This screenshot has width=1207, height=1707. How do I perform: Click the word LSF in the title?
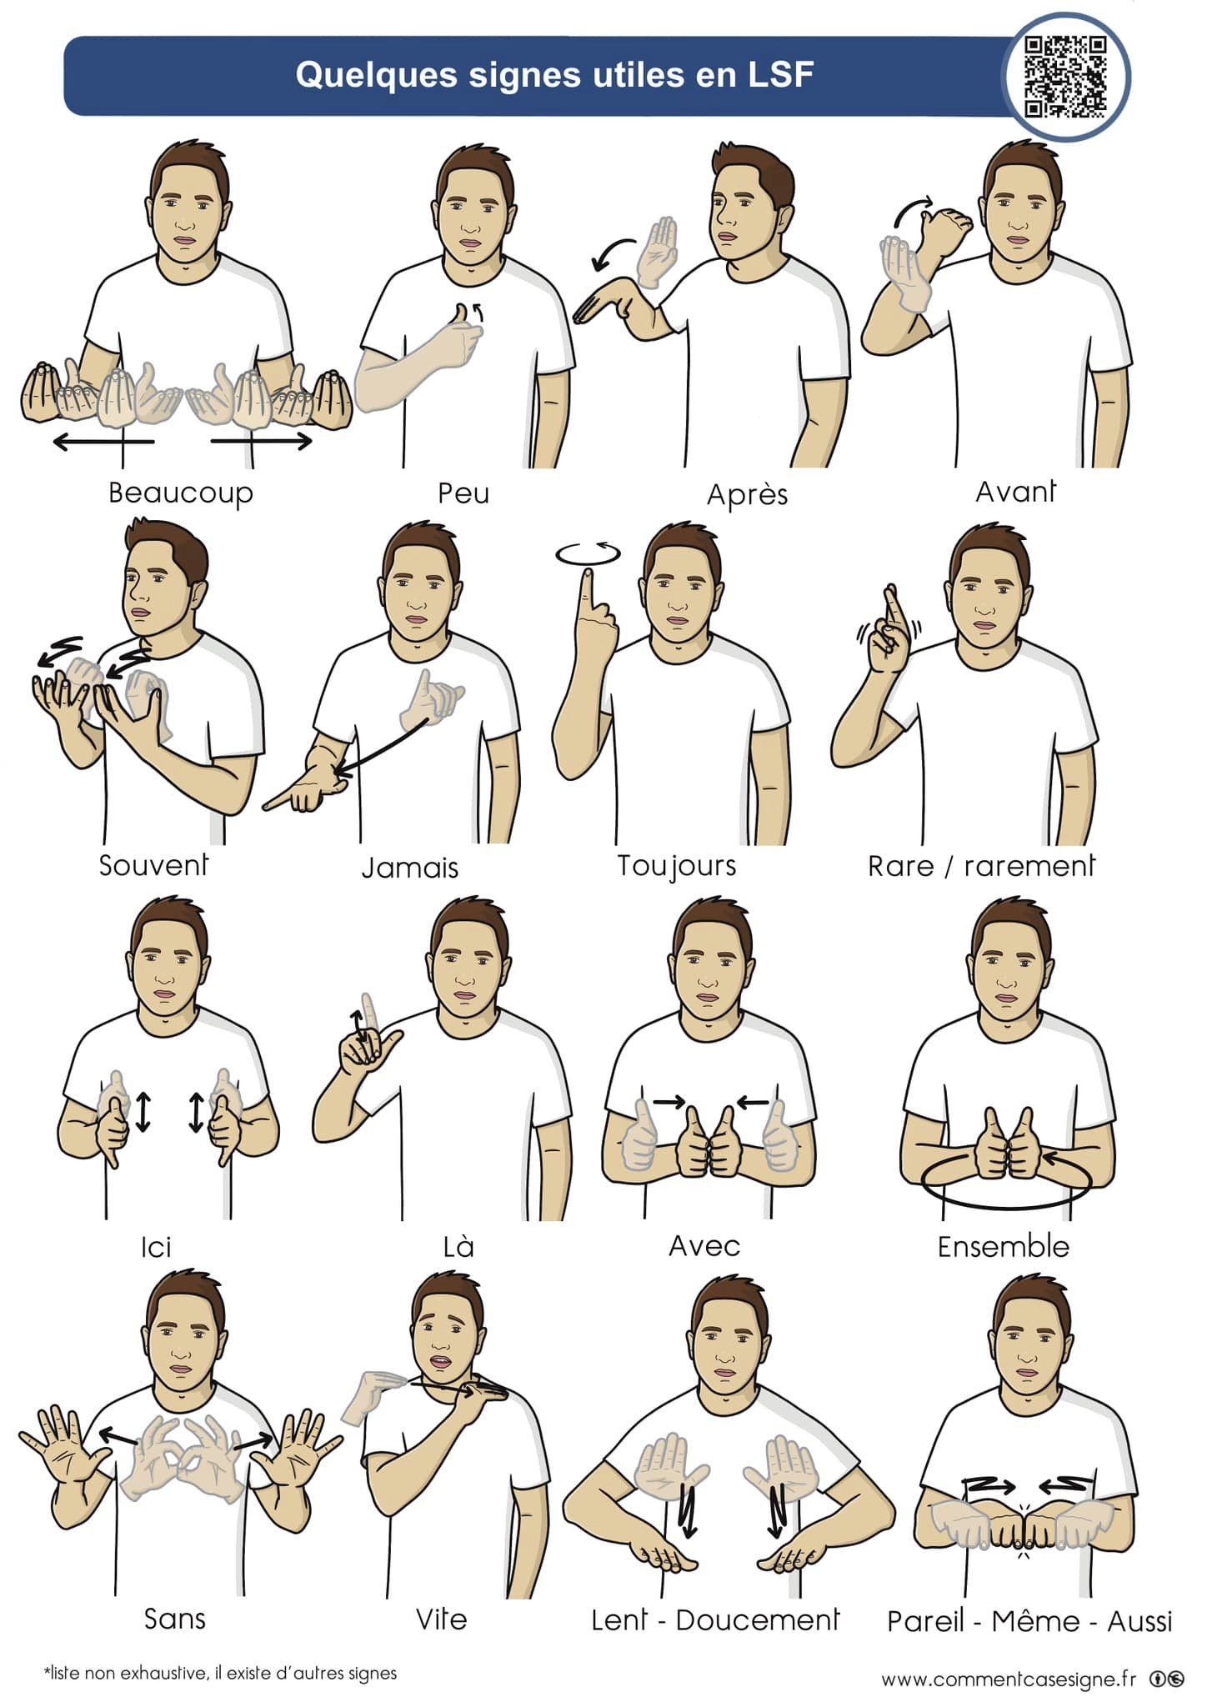[x=780, y=75]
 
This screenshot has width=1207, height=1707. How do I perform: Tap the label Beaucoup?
[x=180, y=493]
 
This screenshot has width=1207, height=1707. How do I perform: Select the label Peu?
[x=463, y=493]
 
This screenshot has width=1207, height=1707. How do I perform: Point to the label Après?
[x=747, y=494]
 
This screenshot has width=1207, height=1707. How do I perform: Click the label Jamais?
[x=410, y=868]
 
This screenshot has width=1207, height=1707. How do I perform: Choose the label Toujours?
[x=676, y=866]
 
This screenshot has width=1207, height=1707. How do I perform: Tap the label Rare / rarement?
[x=981, y=867]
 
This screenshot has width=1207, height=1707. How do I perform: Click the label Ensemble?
[x=1003, y=1246]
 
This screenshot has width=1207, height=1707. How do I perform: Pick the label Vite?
[x=441, y=1619]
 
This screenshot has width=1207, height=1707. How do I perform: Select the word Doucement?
[x=757, y=1619]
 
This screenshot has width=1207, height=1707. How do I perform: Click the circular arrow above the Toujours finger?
[x=588, y=554]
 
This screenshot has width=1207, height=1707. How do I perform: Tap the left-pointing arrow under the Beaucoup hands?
[x=103, y=441]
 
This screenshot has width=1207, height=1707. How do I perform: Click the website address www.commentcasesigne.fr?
[x=1009, y=1679]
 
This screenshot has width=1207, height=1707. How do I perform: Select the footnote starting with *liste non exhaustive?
[x=220, y=1673]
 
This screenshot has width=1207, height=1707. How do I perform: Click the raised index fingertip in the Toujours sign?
[x=588, y=574]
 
